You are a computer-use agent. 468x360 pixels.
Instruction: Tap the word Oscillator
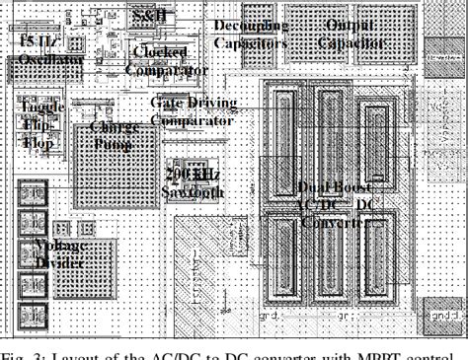37,60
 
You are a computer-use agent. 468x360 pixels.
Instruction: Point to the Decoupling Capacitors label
250,35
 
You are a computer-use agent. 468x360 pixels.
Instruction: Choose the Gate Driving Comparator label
192,110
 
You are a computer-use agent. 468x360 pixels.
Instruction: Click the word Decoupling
252,26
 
